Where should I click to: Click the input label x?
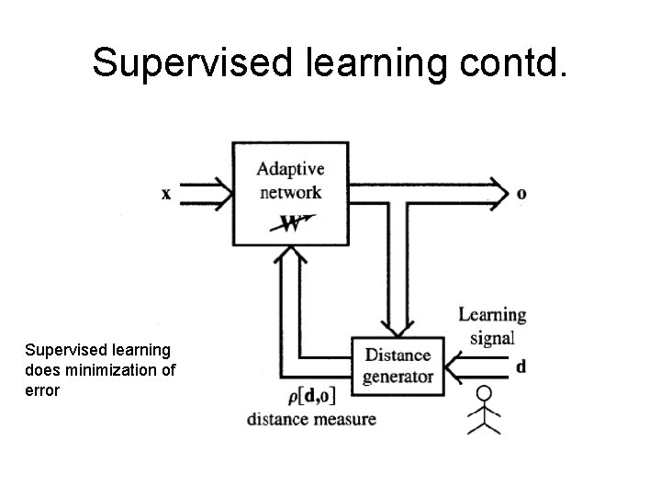click(166, 194)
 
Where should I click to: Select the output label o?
click(521, 194)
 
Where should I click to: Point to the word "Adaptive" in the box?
click(289, 169)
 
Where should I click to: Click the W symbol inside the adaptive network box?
click(292, 223)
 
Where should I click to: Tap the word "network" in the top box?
click(289, 192)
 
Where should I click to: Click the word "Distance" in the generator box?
click(398, 355)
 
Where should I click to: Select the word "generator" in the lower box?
click(398, 377)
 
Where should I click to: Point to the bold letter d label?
click(521, 366)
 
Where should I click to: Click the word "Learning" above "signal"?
click(492, 315)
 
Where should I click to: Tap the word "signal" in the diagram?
click(492, 336)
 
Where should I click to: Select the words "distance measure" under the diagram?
click(311, 420)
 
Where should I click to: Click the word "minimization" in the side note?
click(111, 370)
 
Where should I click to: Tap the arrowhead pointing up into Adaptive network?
click(290, 258)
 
